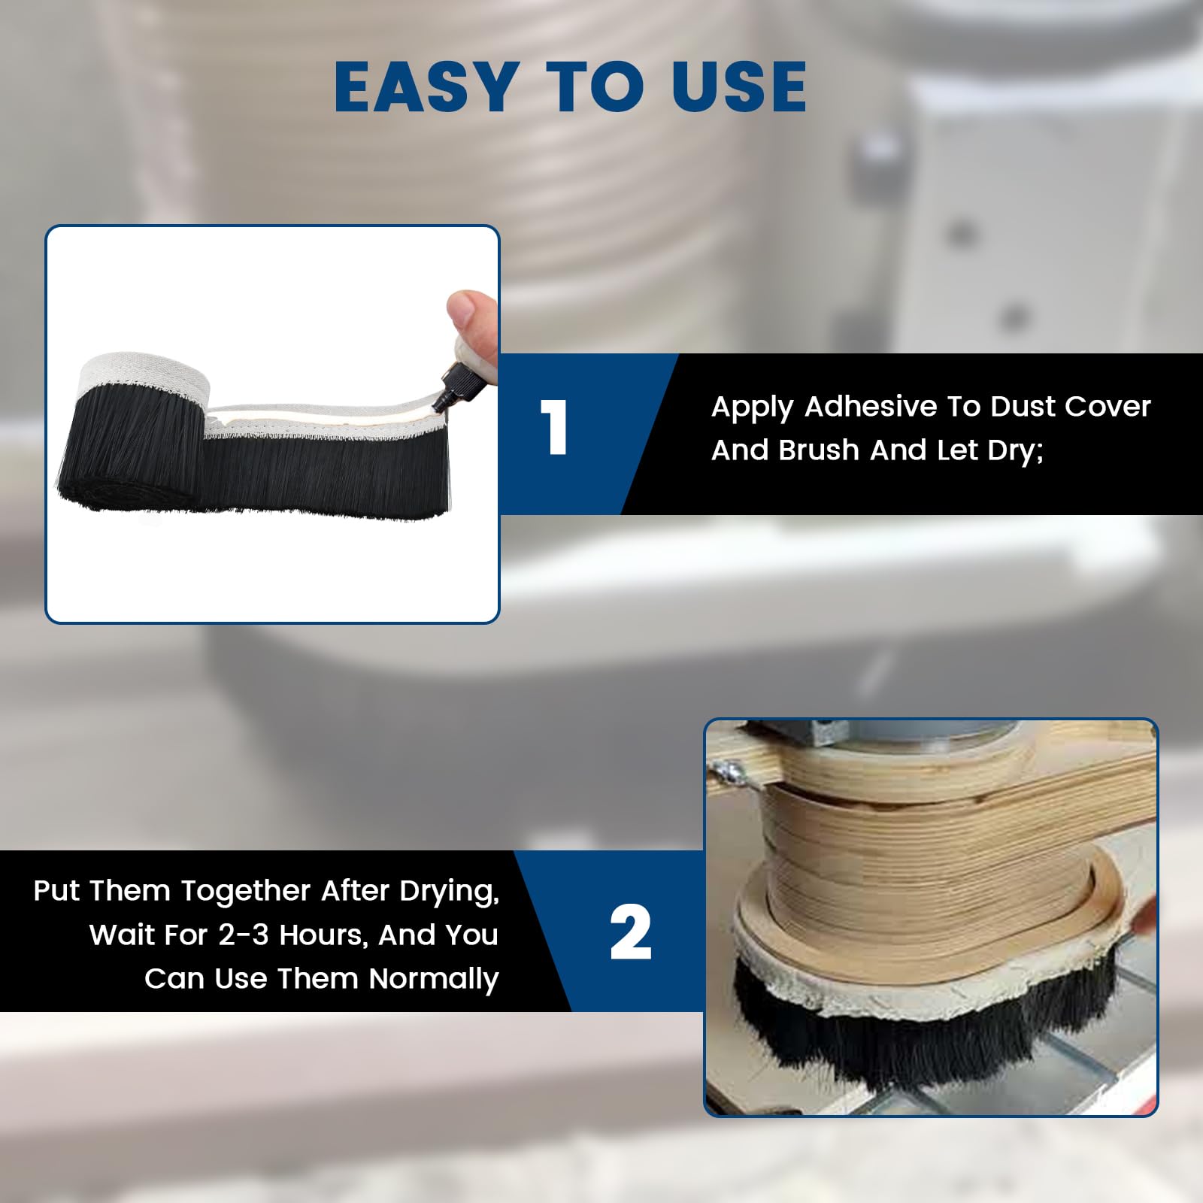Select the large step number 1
[x=554, y=427]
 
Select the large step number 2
[x=630, y=932]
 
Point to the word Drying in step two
[x=449, y=892]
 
